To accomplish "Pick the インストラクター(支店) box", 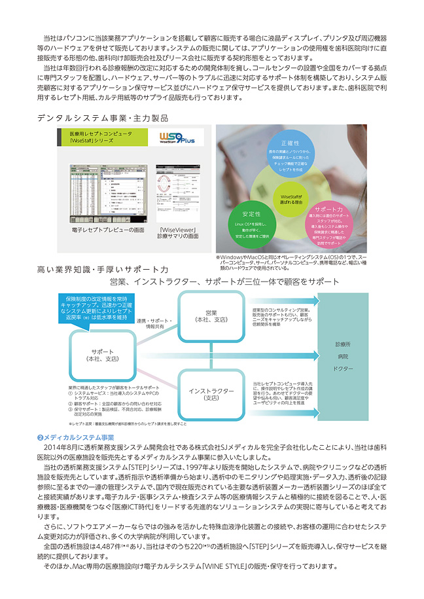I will click(211, 393).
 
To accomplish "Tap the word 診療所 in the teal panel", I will click(343, 344).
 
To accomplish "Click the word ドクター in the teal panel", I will click(343, 369).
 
